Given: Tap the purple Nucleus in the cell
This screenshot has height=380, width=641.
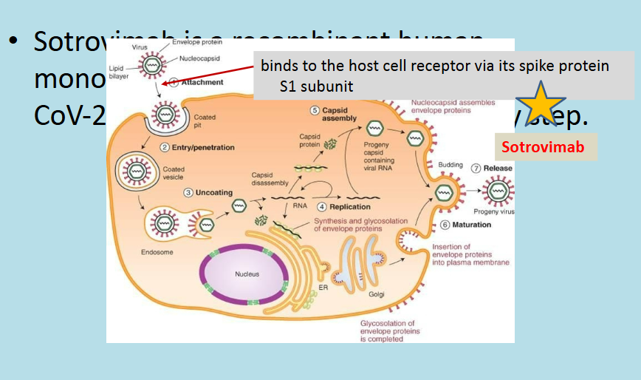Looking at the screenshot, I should (x=247, y=274).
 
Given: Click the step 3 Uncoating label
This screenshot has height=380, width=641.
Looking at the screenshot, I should (x=209, y=192).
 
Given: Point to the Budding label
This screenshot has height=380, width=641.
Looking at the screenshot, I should (x=451, y=165).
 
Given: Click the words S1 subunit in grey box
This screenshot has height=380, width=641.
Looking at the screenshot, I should (x=316, y=86).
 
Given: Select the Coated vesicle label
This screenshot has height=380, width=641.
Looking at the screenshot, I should (x=174, y=173).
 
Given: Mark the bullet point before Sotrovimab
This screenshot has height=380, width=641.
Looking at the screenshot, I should (x=13, y=40).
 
